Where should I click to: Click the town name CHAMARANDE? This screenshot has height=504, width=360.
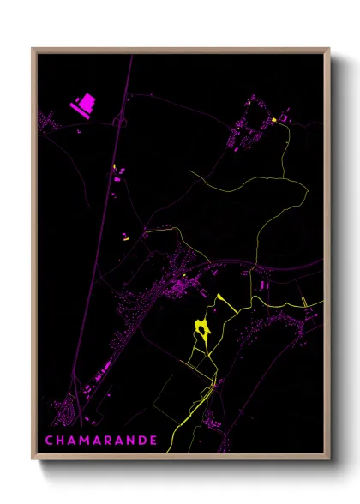point(99,441)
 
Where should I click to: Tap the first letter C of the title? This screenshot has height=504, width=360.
point(49,441)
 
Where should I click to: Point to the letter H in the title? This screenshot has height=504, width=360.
point(60,441)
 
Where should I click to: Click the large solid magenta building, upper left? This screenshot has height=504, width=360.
point(84,105)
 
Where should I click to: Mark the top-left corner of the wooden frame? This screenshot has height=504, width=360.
point(33,48)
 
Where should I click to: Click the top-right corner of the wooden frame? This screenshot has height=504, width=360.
point(329,48)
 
